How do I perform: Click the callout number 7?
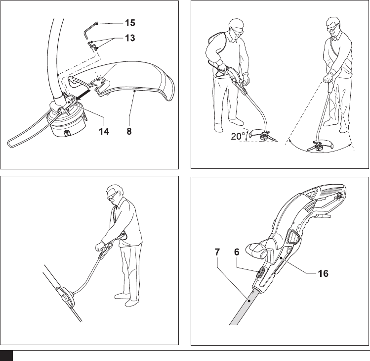pyautogui.click(x=217, y=251)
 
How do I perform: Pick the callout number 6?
pyautogui.click(x=236, y=251)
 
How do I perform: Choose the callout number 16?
pyautogui.click(x=323, y=272)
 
